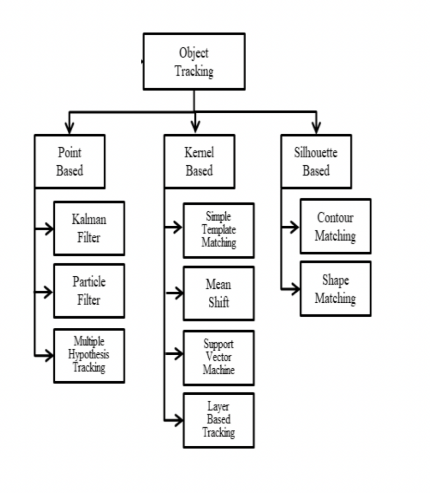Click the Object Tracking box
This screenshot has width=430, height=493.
[x=194, y=62]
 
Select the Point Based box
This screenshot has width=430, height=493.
[x=70, y=162]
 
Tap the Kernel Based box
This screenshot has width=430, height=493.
[x=199, y=162]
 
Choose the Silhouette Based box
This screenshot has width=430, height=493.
[x=316, y=162]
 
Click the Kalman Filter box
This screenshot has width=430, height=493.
[x=89, y=228]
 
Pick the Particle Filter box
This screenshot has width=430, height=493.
[x=89, y=291]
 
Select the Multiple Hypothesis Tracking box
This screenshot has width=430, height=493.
[x=89, y=356]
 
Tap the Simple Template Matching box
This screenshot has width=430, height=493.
[x=219, y=231]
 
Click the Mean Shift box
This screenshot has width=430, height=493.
[x=219, y=293]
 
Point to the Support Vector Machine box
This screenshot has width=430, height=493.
[x=219, y=358]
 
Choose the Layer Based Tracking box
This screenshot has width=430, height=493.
[x=219, y=420]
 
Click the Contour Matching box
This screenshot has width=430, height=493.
[x=335, y=226]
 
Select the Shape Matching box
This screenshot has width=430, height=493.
[x=335, y=289]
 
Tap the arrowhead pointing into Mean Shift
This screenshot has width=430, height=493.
[x=179, y=293]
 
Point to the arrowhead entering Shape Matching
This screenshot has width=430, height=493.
[x=296, y=289]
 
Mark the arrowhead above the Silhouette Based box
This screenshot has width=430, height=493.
[x=316, y=128]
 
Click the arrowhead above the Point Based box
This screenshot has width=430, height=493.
[x=69, y=128]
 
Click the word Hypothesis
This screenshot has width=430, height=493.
[x=89, y=354]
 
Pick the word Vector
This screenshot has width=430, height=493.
[x=219, y=357]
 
